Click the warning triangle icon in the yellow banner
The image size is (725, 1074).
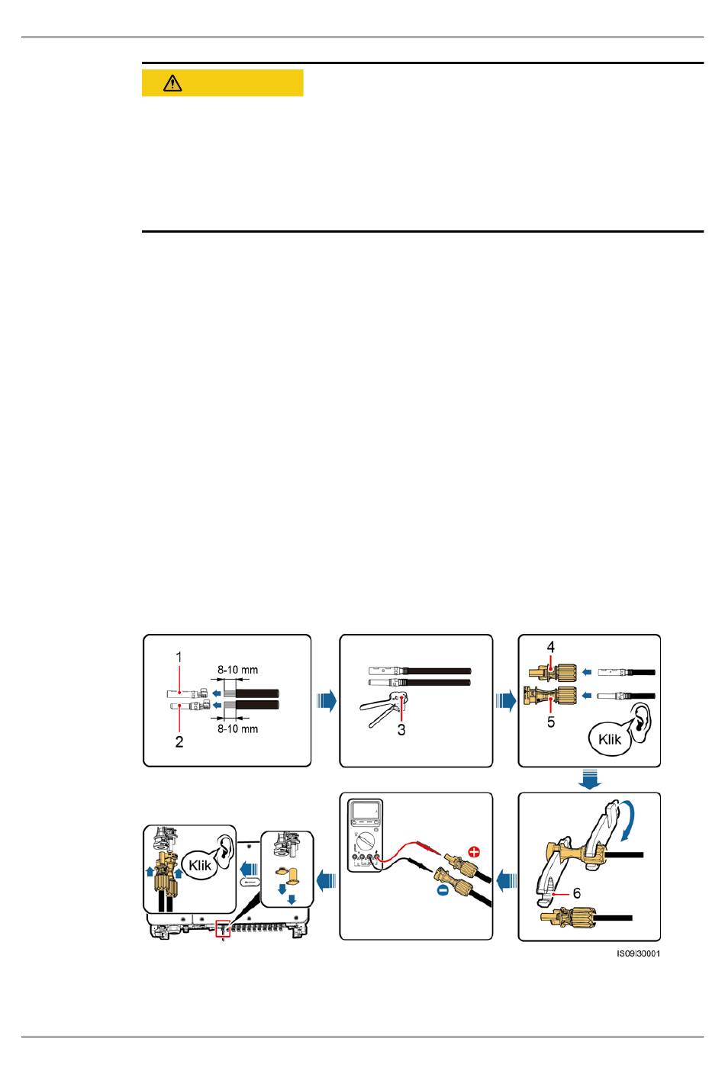point(172,84)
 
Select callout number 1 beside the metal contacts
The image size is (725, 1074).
point(179,657)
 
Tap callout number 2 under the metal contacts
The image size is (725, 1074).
point(179,741)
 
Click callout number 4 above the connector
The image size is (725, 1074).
point(550,647)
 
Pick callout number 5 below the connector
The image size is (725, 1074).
point(550,721)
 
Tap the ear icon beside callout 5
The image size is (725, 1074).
point(642,720)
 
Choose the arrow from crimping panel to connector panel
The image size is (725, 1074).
point(505,700)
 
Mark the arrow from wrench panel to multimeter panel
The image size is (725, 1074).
point(505,881)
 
